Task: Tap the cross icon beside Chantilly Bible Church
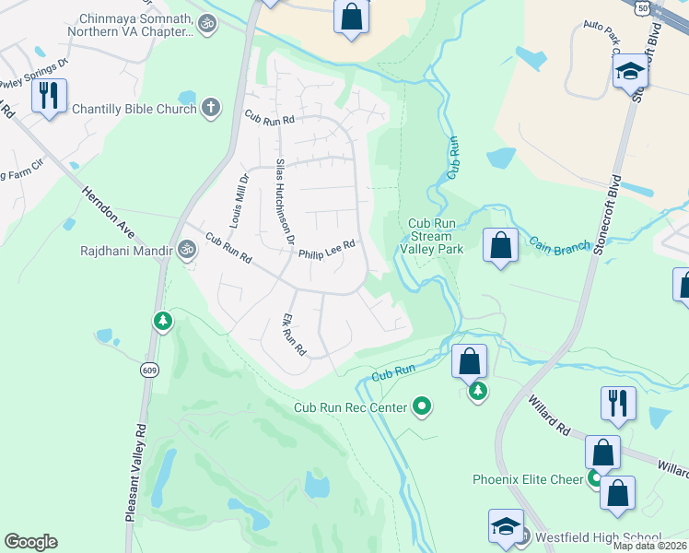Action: point(210,109)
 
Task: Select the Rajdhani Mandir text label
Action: point(127,249)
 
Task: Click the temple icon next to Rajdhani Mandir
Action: point(187,249)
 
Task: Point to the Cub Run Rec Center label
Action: point(351,406)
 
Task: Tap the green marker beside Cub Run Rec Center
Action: point(423,406)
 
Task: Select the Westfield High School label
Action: point(595,538)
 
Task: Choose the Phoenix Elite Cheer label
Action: point(528,479)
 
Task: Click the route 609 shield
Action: point(148,370)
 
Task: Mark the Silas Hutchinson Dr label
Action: point(285,200)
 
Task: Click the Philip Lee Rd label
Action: point(325,244)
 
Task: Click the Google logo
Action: point(30,542)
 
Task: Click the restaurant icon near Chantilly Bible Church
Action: point(48,95)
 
